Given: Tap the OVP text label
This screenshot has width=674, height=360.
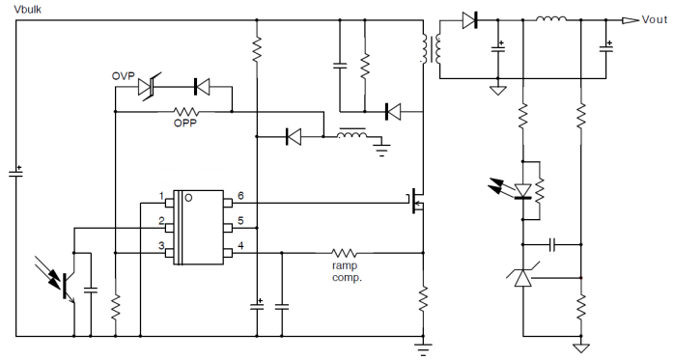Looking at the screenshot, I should pyautogui.click(x=123, y=75).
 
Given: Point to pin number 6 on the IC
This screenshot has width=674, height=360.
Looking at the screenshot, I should pyautogui.click(x=239, y=196).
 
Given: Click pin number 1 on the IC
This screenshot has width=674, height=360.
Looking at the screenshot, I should pyautogui.click(x=162, y=196).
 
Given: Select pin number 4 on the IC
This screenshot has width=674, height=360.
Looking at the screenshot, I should pyautogui.click(x=239, y=245).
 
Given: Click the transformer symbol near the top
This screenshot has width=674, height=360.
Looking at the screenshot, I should pyautogui.click(x=432, y=48).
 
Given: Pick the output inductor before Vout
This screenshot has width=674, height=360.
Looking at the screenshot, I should pyautogui.click(x=552, y=19).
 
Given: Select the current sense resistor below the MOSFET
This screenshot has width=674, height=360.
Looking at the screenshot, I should pyautogui.click(x=423, y=299).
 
